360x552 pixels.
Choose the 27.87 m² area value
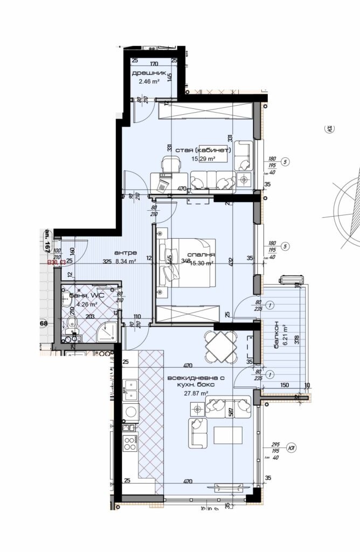coord(196,394)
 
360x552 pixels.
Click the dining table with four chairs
coord(221,346)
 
